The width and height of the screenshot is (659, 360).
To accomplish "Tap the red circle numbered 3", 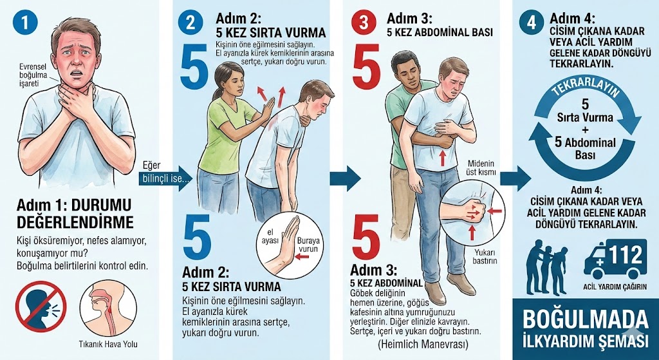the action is [364, 23].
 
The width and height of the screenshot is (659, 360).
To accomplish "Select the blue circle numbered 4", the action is [532, 23].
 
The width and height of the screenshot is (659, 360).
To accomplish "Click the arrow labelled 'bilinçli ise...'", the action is [165, 178].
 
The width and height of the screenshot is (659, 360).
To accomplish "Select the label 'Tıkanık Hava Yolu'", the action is [108, 344].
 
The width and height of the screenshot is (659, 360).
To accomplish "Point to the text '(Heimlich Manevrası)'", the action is [422, 344].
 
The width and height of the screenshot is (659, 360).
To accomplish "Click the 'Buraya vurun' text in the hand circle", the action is [308, 245].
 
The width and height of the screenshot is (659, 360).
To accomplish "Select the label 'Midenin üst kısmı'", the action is [481, 168].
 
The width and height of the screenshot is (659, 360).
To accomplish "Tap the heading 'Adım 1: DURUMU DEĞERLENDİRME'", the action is [75, 214].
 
